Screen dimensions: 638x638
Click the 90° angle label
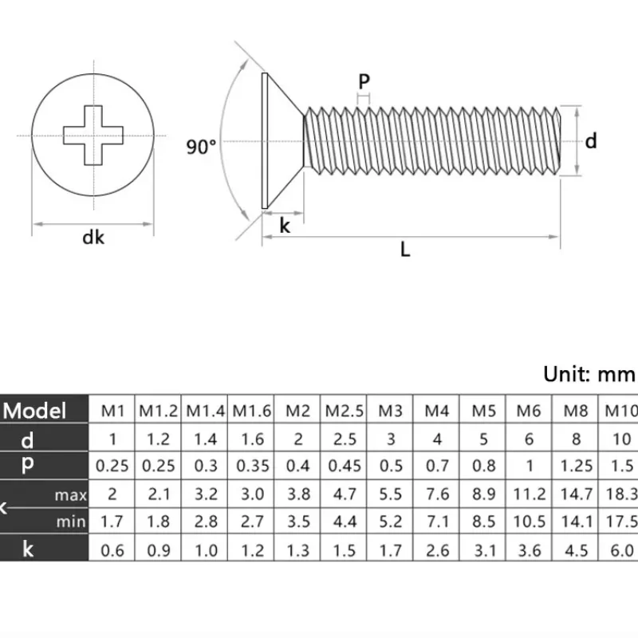point(201,147)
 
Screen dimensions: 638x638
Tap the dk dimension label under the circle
point(93,237)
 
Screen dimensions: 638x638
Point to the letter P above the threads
point(364,81)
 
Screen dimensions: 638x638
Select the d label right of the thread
point(591,141)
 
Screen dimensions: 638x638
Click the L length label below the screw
point(405,250)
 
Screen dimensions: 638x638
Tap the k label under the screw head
point(285,226)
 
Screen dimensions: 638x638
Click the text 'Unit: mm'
point(589,373)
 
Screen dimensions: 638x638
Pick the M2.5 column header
point(344,412)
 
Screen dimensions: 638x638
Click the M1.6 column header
point(252,412)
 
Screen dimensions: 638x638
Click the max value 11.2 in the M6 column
point(529,494)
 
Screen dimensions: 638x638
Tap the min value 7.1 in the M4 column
point(437,522)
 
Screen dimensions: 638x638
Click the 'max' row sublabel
point(71,495)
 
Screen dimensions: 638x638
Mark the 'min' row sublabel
point(72,522)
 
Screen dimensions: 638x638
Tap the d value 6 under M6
point(529,439)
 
